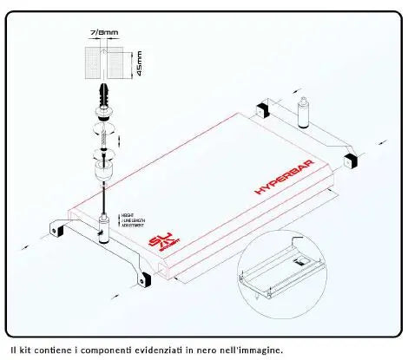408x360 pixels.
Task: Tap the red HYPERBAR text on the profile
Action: (284, 177)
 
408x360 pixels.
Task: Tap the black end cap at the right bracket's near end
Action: (352, 160)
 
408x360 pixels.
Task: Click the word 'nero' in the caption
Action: (227, 350)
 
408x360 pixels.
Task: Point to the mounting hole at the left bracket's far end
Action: (56, 232)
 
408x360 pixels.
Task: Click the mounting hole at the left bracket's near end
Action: (141, 279)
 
